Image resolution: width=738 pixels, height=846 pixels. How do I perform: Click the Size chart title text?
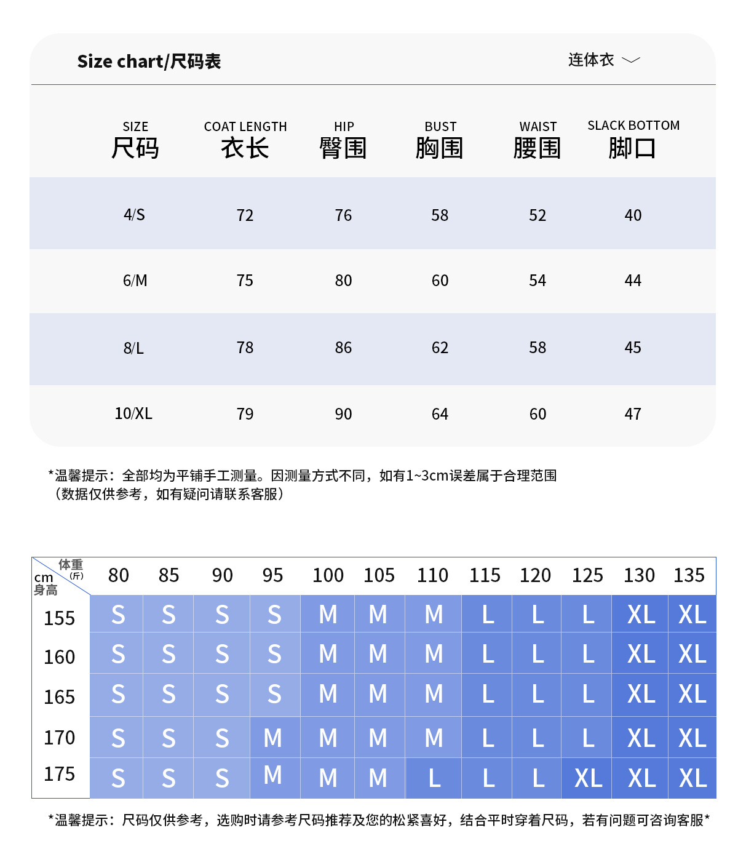pyautogui.click(x=149, y=62)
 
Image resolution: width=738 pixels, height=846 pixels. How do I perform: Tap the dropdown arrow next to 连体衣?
pyautogui.click(x=631, y=60)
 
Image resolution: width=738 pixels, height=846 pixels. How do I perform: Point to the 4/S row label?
pyautogui.click(x=134, y=215)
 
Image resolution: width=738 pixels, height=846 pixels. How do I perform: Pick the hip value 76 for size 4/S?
pyautogui.click(x=343, y=215)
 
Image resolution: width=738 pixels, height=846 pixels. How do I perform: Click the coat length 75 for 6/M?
pyautogui.click(x=245, y=281)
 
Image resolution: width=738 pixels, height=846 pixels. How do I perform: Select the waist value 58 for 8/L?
pyautogui.click(x=538, y=348)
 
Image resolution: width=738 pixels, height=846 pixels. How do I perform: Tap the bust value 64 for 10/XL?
pyautogui.click(x=440, y=414)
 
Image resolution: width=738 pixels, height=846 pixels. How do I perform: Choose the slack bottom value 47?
pyautogui.click(x=633, y=414)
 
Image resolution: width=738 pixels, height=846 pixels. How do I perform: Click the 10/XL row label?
pyautogui.click(x=133, y=413)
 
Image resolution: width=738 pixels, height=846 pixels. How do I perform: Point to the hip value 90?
pyautogui.click(x=343, y=414)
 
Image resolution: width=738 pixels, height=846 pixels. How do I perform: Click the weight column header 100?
pyautogui.click(x=328, y=575)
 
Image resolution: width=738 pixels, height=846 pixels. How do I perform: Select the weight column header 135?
pyautogui.click(x=689, y=575)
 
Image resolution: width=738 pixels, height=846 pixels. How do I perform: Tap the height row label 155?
pyautogui.click(x=60, y=618)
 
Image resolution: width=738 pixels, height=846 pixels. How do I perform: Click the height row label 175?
pyautogui.click(x=60, y=774)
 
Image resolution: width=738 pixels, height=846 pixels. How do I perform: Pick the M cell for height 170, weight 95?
pyautogui.click(x=273, y=738)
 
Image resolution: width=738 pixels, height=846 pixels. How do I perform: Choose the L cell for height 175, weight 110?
pyautogui.click(x=434, y=778)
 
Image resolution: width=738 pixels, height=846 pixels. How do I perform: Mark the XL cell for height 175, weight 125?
pyautogui.click(x=588, y=778)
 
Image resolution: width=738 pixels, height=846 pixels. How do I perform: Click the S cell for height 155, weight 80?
pyautogui.click(x=118, y=615)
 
